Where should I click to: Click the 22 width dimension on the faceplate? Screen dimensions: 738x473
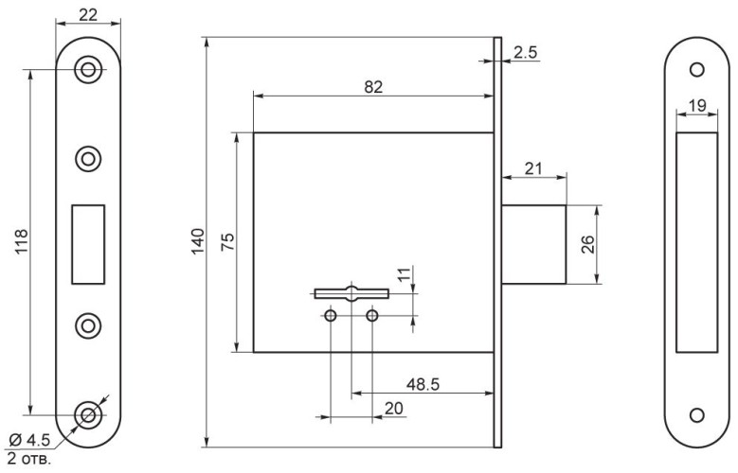88,15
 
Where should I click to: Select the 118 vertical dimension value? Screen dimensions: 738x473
22,241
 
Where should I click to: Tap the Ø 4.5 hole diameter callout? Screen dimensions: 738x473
29,441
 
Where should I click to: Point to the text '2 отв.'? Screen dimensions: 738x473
29,458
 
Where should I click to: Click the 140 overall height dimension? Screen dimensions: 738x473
198,241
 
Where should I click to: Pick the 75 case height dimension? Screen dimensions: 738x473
227,241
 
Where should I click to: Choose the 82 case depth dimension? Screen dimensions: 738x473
373,87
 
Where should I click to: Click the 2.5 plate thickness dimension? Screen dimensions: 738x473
525,52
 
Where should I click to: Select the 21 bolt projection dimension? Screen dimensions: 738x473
533,168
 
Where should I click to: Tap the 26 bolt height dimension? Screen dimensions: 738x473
588,244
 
